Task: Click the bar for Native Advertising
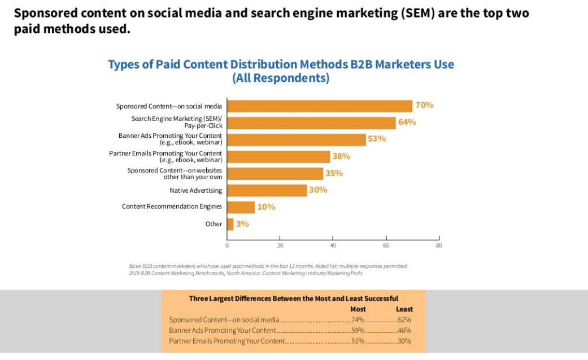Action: [267, 190]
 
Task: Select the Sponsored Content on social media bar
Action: [320, 106]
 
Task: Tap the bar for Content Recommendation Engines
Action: [241, 207]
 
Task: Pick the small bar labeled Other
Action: [230, 224]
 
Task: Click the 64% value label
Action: [407, 122]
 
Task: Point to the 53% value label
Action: [377, 139]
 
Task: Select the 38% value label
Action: [341, 156]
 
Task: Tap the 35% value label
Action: [334, 173]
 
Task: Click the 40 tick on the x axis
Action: [333, 246]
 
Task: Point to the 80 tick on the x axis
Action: [438, 246]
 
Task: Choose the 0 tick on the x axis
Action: [227, 246]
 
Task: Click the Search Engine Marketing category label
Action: [177, 122]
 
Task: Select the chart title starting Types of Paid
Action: [281, 71]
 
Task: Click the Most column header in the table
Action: [358, 309]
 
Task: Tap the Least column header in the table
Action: [404, 309]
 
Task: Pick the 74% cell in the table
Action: [358, 320]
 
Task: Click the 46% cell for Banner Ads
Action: [404, 330]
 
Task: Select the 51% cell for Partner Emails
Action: [358, 341]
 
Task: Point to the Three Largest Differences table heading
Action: [293, 298]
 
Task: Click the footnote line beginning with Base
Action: [268, 266]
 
